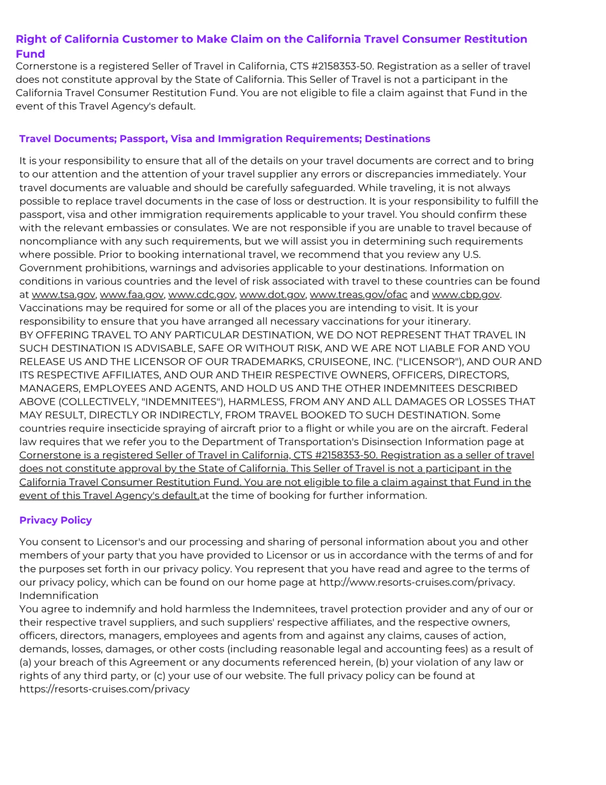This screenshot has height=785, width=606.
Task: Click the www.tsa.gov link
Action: click(63, 295)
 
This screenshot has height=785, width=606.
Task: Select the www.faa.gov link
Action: click(132, 295)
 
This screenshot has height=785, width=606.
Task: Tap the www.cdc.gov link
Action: click(201, 295)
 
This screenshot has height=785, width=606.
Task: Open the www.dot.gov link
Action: click(272, 295)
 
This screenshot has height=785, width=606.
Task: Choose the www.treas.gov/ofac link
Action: click(358, 295)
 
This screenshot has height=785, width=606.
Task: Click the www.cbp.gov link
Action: click(466, 295)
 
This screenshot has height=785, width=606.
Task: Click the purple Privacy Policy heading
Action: click(56, 520)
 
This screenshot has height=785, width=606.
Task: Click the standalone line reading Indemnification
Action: click(59, 595)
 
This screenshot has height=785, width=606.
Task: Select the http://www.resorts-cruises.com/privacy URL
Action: click(417, 582)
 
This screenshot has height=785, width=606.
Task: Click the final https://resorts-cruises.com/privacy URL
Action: click(105, 689)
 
